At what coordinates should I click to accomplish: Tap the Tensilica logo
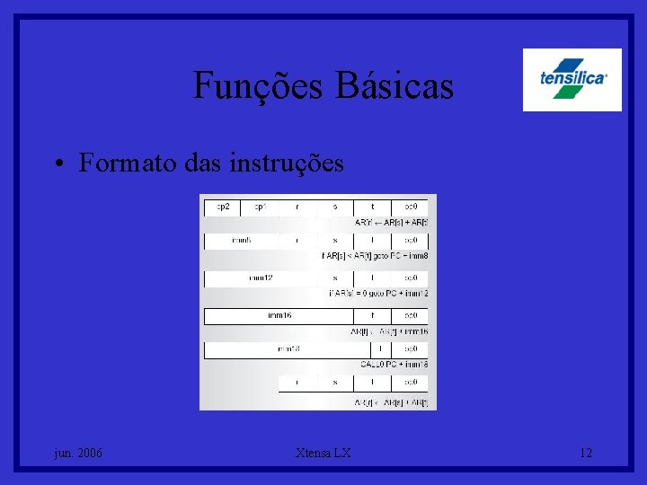click(x=572, y=79)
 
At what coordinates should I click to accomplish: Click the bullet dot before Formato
click(x=57, y=163)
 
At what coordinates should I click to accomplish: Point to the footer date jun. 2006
click(x=77, y=454)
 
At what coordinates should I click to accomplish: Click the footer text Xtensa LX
click(x=323, y=454)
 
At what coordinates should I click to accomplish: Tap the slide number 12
click(x=586, y=454)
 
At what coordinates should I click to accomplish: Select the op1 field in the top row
click(x=260, y=207)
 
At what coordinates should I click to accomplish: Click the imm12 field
click(x=261, y=278)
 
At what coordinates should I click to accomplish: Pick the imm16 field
click(x=279, y=315)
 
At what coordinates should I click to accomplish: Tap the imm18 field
click(x=288, y=348)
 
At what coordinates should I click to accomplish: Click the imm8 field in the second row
click(x=242, y=241)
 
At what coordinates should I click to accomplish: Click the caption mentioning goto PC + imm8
click(x=375, y=256)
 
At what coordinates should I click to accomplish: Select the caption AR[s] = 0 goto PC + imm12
click(x=377, y=293)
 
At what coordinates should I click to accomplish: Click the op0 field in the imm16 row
click(x=411, y=315)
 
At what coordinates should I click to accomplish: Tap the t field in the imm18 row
click(x=381, y=348)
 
